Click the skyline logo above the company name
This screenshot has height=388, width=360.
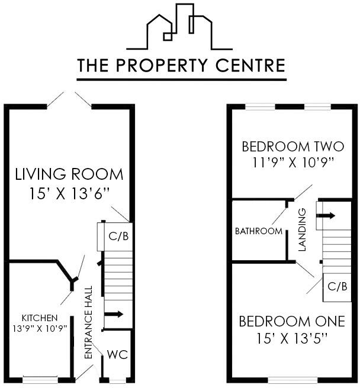coord(179,27)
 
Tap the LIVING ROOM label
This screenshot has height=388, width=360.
coord(69,174)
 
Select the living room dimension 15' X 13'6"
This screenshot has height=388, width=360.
coord(69,193)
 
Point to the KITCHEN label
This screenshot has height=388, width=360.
coord(40,318)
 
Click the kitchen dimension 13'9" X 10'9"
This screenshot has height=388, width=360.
coord(40,328)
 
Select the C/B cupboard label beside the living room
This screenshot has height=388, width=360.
coord(115,236)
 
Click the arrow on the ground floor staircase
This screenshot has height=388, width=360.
coord(115,314)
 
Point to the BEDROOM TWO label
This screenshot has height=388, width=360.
coord(288,146)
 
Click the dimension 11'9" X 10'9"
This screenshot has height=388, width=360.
coord(288,161)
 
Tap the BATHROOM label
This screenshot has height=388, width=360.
coord(259,231)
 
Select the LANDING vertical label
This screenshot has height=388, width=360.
coord(302,229)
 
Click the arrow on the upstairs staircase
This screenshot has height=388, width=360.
coord(328,216)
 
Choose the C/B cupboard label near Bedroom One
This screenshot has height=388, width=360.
coord(337,287)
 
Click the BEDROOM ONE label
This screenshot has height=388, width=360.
coord(291,322)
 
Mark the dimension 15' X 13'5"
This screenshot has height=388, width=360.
coord(291,338)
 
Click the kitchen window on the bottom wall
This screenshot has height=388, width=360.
coord(41,379)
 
